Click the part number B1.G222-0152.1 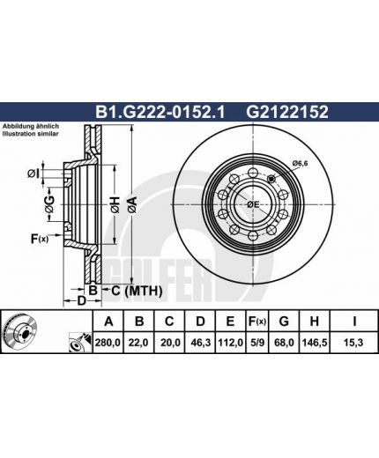tap(160, 112)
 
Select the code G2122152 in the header tap(287, 112)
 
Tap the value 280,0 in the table tap(108, 343)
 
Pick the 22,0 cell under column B tap(138, 343)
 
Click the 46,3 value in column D tap(200, 343)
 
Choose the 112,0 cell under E tap(230, 343)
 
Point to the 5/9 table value tap(256, 343)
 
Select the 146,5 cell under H tap(315, 343)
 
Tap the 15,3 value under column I tap(353, 343)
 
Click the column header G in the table tap(284, 321)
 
